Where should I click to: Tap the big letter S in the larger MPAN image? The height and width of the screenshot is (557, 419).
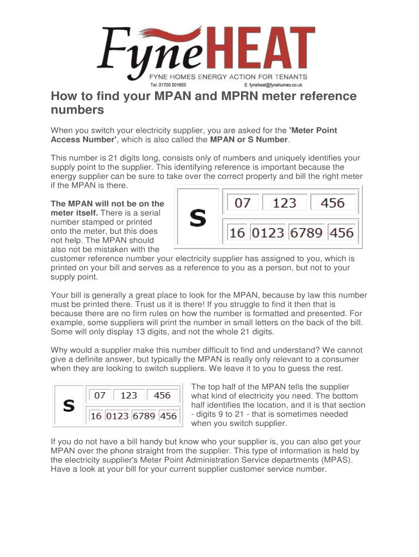[197, 218]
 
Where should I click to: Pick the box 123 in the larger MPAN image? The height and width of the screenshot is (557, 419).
[284, 203]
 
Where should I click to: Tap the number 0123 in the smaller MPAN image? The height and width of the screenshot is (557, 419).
[117, 416]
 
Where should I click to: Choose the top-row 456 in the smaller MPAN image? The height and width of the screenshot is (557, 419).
[162, 395]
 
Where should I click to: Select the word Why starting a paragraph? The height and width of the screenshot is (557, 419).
[59, 350]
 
